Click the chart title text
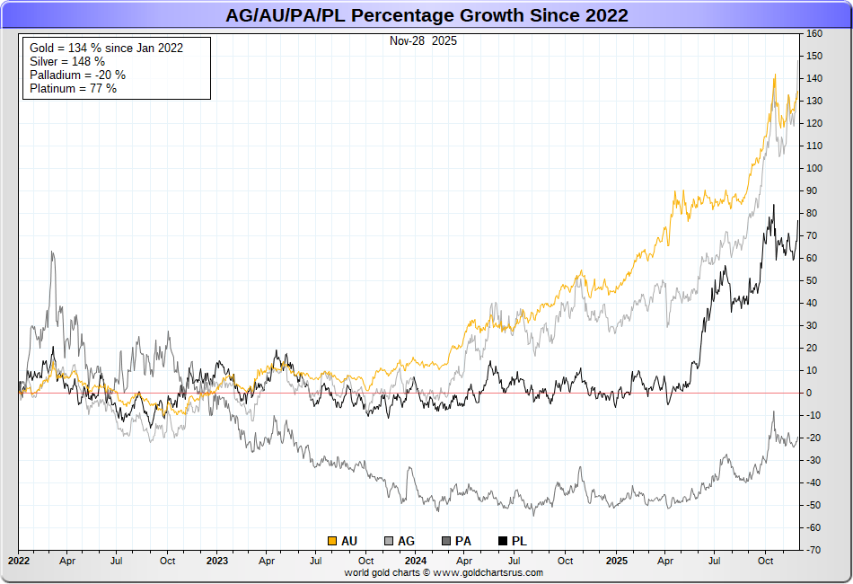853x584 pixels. tap(426, 15)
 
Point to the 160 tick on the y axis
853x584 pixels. tap(814, 34)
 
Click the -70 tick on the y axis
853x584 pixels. tap(814, 550)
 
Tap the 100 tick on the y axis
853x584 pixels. tap(814, 168)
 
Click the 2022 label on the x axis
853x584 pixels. tap(19, 560)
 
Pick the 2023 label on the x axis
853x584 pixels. tap(217, 560)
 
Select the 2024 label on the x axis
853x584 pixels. tap(416, 560)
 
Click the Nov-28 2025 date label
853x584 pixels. tap(423, 41)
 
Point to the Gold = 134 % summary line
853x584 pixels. tap(106, 48)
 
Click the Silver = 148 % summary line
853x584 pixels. tap(66, 61)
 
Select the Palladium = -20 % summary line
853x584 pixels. tap(77, 75)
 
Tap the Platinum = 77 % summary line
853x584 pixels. tap(73, 88)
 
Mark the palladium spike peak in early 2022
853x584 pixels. tap(52, 252)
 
